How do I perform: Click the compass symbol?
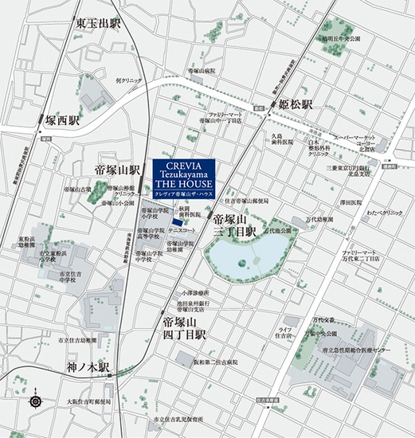click(x=35, y=401)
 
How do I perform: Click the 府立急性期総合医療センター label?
click(x=365, y=327)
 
